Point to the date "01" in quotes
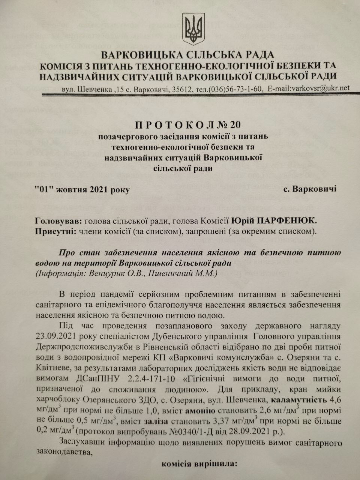tap(45, 189)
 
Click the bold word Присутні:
tap(56, 231)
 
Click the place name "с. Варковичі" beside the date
tap(310, 189)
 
